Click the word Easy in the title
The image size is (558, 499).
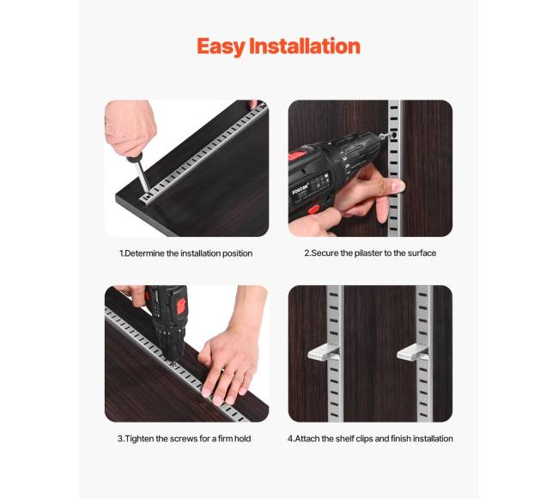221,46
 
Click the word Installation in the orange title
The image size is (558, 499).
305,46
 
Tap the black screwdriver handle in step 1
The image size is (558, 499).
135,157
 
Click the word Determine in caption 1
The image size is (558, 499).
144,253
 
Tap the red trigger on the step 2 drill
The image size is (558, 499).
314,210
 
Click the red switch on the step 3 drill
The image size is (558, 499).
181,306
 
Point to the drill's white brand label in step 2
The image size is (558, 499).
299,192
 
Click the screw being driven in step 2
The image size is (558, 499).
393,135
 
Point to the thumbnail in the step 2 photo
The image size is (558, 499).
397,186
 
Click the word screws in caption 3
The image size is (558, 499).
184,439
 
